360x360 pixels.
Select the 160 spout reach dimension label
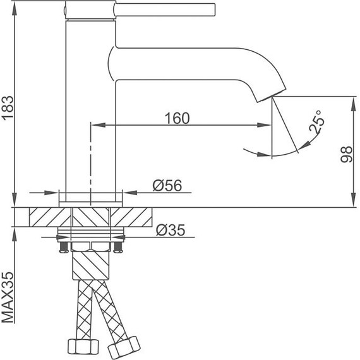(177, 118)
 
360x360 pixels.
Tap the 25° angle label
(317, 122)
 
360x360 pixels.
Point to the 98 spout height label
(346, 154)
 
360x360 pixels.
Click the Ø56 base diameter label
(167, 185)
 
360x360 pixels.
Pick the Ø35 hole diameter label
(171, 230)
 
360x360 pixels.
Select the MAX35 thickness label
(8, 297)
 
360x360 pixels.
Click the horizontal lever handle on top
(164, 10)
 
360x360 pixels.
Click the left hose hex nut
(83, 346)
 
